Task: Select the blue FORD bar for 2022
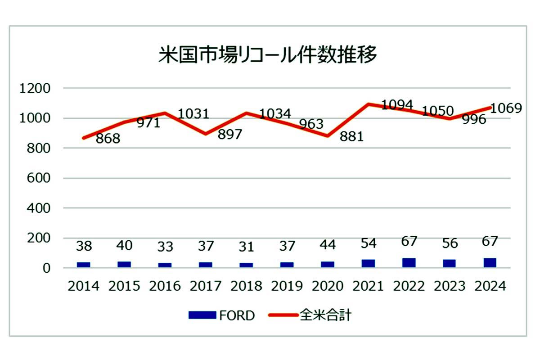click(x=409, y=263)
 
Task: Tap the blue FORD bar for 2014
click(x=83, y=265)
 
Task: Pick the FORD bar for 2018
click(x=246, y=265)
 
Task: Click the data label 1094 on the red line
click(x=397, y=105)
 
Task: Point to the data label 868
click(x=108, y=139)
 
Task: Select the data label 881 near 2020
click(x=351, y=136)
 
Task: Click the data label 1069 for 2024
click(x=507, y=108)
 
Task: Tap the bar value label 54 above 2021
click(x=369, y=244)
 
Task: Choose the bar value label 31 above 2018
click(x=246, y=247)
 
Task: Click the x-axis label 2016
click(x=165, y=286)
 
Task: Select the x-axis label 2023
click(x=450, y=286)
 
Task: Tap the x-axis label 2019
click(x=287, y=286)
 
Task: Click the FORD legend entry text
click(x=237, y=316)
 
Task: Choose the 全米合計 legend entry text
click(x=325, y=315)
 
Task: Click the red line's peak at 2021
click(x=369, y=104)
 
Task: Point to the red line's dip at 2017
click(x=206, y=134)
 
